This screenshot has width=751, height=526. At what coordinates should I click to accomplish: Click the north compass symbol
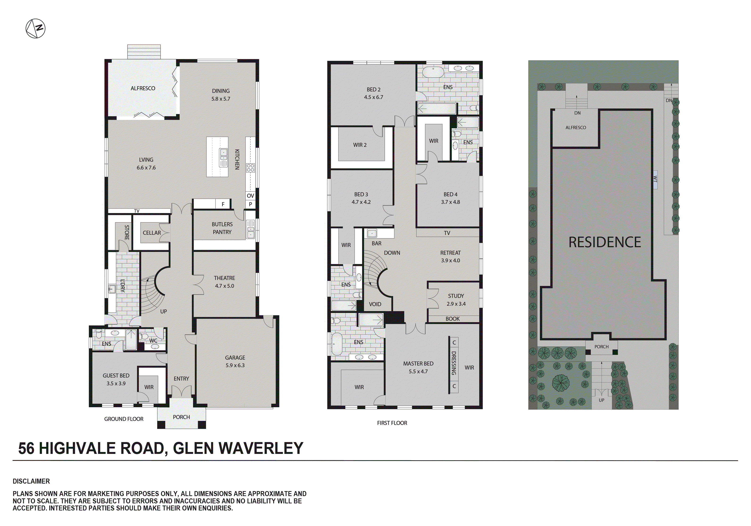click(35, 29)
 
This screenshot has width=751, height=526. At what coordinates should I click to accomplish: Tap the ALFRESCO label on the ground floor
click(143, 88)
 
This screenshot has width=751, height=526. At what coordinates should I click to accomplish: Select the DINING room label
click(221, 91)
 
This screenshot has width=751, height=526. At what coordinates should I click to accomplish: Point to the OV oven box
click(250, 196)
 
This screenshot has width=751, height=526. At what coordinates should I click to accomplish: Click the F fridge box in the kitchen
click(223, 204)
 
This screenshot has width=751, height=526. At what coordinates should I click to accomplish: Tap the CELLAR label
click(152, 233)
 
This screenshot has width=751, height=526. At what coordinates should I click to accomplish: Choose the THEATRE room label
click(224, 278)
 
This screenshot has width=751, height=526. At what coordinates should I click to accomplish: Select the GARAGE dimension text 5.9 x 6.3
click(235, 365)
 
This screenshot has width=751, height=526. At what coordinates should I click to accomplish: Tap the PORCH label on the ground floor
click(181, 417)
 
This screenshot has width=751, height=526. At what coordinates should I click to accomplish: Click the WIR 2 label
click(360, 145)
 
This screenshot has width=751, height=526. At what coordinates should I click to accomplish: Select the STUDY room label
click(456, 296)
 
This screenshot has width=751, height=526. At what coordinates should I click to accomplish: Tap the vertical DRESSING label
click(454, 363)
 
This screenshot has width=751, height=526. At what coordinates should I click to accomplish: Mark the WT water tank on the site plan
click(655, 179)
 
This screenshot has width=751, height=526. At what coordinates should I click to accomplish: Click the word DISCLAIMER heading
click(31, 481)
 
